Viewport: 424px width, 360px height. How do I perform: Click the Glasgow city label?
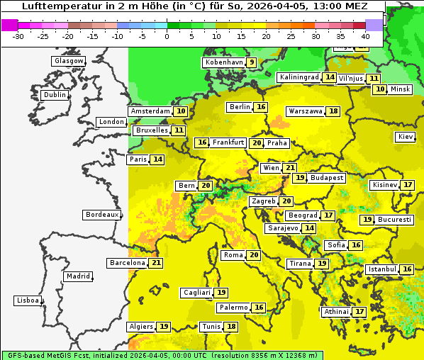[x=68, y=61]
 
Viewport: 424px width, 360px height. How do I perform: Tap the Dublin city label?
[x=55, y=95]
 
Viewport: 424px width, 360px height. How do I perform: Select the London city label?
[x=111, y=122]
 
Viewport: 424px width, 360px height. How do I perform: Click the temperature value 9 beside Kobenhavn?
[x=251, y=62]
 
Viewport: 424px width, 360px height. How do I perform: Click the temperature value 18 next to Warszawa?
[x=333, y=111]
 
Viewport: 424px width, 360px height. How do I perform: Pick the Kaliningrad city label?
[x=299, y=77]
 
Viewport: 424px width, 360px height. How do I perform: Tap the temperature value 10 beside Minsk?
[x=380, y=89]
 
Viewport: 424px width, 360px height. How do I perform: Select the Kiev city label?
[x=406, y=137]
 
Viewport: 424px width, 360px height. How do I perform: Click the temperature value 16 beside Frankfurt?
[x=202, y=142]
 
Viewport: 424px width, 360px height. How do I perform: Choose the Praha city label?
[x=277, y=143]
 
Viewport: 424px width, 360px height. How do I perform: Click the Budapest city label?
[x=327, y=178]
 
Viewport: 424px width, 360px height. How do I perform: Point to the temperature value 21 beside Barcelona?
[x=156, y=263]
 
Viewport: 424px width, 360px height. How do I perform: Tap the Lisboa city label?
[x=28, y=300]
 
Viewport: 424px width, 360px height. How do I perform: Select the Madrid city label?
[x=77, y=276]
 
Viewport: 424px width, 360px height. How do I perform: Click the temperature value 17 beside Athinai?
[x=359, y=312]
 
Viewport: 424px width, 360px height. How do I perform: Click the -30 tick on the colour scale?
[x=18, y=36]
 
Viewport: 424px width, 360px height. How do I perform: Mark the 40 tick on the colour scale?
[x=365, y=36]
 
